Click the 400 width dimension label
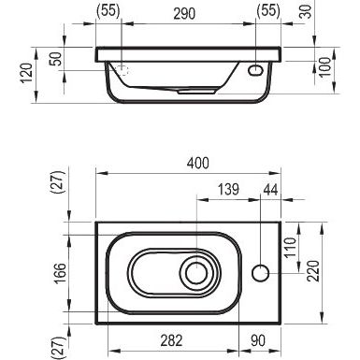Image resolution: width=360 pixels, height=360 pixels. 198,163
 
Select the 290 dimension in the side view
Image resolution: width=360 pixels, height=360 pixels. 184,14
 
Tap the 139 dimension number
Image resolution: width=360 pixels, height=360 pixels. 228,190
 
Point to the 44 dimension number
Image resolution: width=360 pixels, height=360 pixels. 270,190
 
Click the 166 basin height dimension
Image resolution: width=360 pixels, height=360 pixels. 61,273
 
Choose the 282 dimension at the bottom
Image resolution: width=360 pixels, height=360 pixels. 171,340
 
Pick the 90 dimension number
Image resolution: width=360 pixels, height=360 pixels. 258,340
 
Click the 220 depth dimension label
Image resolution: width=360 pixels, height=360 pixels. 313,271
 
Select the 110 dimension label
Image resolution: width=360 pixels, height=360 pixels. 290,247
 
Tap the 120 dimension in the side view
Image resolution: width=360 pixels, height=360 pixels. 27,73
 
